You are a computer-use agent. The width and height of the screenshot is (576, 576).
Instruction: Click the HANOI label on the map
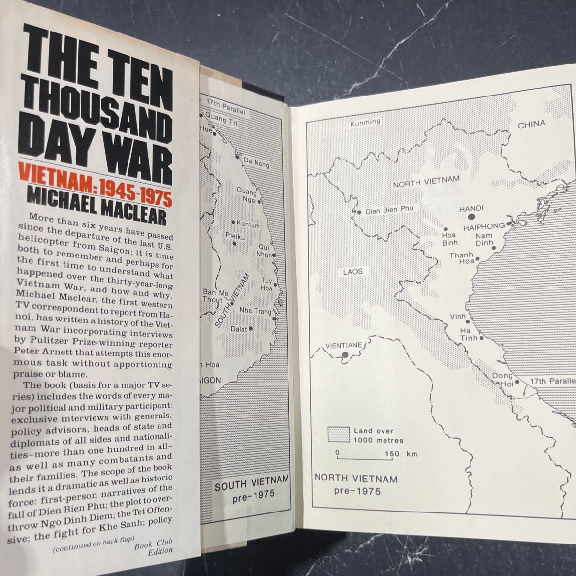point(471,209)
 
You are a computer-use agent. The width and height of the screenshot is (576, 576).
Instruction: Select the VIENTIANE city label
point(344,345)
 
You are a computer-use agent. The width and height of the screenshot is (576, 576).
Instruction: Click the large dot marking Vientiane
point(345,354)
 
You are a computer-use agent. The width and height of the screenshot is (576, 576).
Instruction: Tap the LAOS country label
point(353,271)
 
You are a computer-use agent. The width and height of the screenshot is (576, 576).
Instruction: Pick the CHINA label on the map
point(531,125)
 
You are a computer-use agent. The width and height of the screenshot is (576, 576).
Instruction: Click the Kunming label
point(365,122)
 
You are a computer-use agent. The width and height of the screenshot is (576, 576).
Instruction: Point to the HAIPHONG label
point(483,226)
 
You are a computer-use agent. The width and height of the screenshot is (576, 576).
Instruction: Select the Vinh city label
point(458,317)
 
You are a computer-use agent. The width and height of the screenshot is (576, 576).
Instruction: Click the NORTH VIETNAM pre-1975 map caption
point(356,483)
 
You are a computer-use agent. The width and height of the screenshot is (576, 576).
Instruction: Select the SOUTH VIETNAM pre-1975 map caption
point(251,489)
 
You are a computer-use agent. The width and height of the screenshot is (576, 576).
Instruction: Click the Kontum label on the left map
point(248,225)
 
